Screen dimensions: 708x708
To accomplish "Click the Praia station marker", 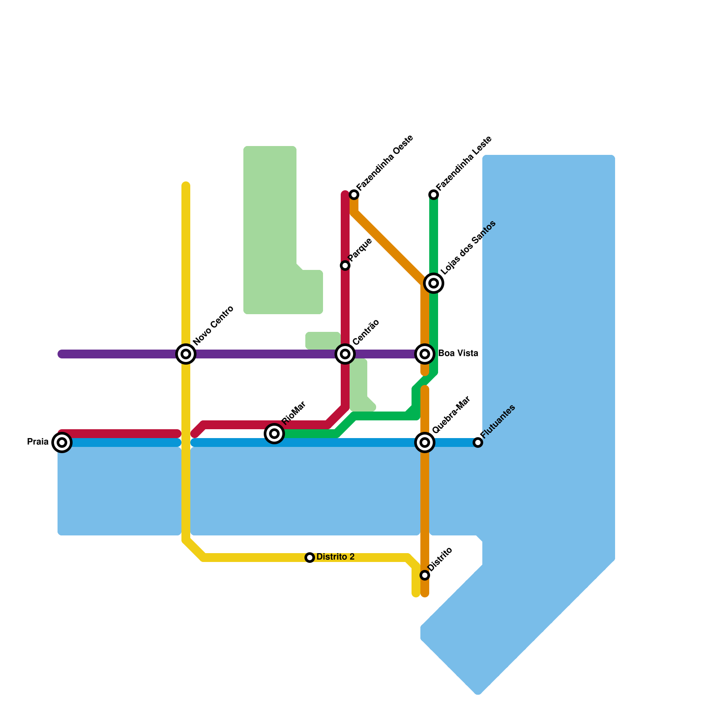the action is (62, 442).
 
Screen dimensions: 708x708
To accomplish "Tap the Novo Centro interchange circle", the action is (186, 354).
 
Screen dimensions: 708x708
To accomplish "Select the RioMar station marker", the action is (274, 433).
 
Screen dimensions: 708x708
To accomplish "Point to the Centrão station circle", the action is (345, 354).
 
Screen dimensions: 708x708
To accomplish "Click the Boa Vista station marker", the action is (425, 354).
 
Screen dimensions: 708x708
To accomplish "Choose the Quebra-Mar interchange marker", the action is (425, 442).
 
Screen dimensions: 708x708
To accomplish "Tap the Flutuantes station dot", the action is (477, 442).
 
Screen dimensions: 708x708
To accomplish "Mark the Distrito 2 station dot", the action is (310, 558).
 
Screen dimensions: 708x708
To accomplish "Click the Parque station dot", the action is (345, 265).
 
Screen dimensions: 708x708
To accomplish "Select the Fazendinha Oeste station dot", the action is (354, 195).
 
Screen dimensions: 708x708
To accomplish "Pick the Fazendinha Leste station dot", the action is (434, 195).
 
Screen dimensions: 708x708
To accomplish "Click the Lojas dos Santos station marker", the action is (434, 283).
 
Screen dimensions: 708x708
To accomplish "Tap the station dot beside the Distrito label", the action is (425, 575).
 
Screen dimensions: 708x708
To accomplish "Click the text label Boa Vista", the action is (458, 354).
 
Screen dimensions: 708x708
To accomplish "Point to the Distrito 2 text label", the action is (335, 557).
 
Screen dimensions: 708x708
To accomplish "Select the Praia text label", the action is (38, 442).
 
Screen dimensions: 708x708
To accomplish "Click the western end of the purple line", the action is (61, 354).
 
